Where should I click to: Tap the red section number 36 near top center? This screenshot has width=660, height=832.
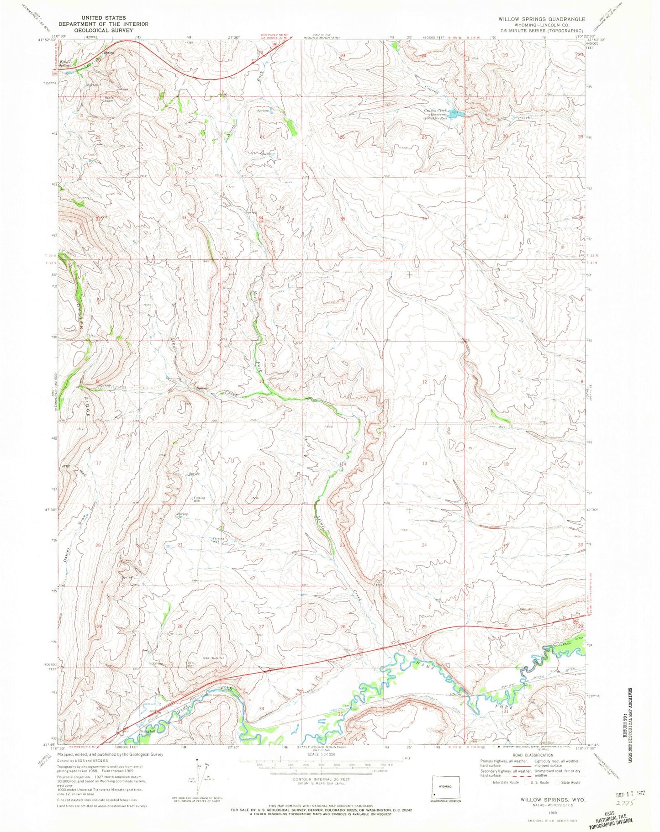(x=425, y=219)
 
